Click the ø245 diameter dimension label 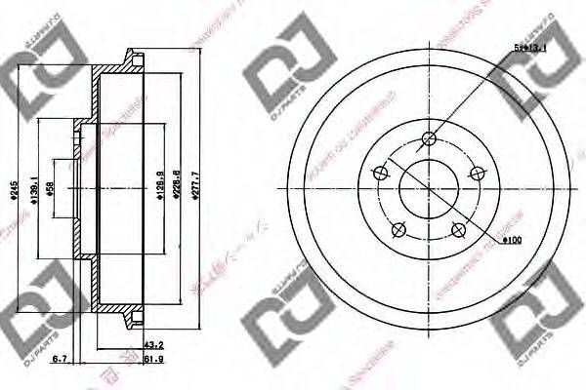click(13, 194)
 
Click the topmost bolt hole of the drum click(428, 138)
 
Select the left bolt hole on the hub click(379, 174)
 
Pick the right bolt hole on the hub click(477, 174)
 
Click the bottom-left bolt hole click(398, 230)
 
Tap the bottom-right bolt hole click(458, 230)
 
